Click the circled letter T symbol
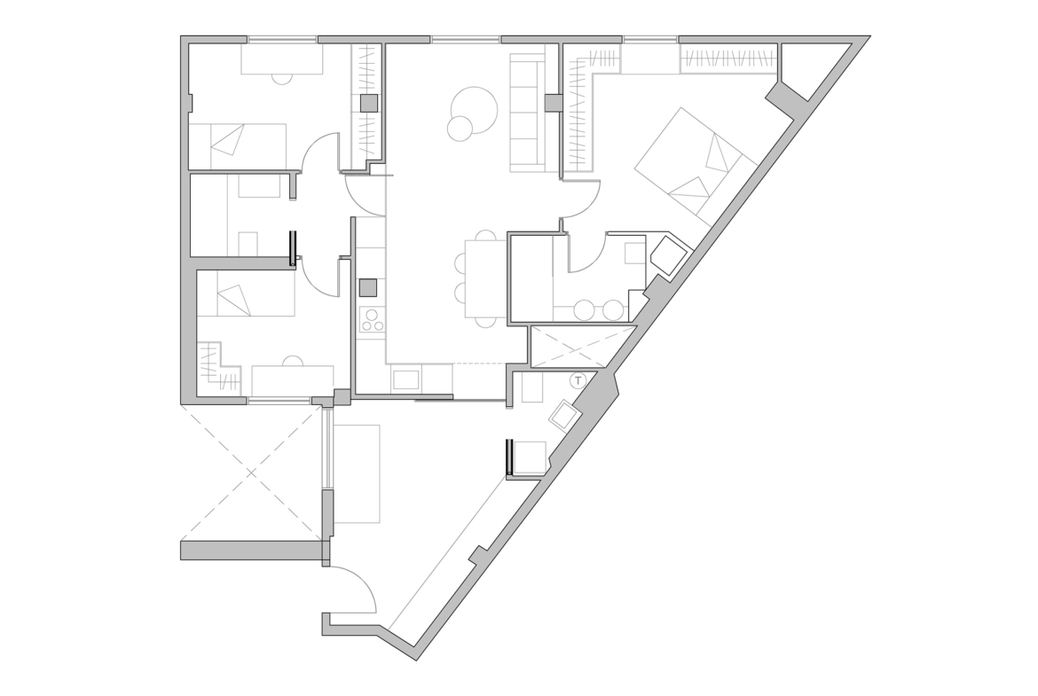(578, 380)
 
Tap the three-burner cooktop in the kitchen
(372, 319)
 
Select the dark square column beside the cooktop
(368, 288)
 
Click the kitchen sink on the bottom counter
(405, 379)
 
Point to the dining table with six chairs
(486, 278)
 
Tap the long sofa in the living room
(528, 114)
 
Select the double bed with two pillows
(695, 162)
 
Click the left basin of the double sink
(585, 310)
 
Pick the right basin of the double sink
(613, 310)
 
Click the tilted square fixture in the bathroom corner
(669, 254)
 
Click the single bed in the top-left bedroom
(238, 145)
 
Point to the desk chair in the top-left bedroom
(282, 78)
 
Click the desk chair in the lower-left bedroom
(293, 361)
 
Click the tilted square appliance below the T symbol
(564, 416)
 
